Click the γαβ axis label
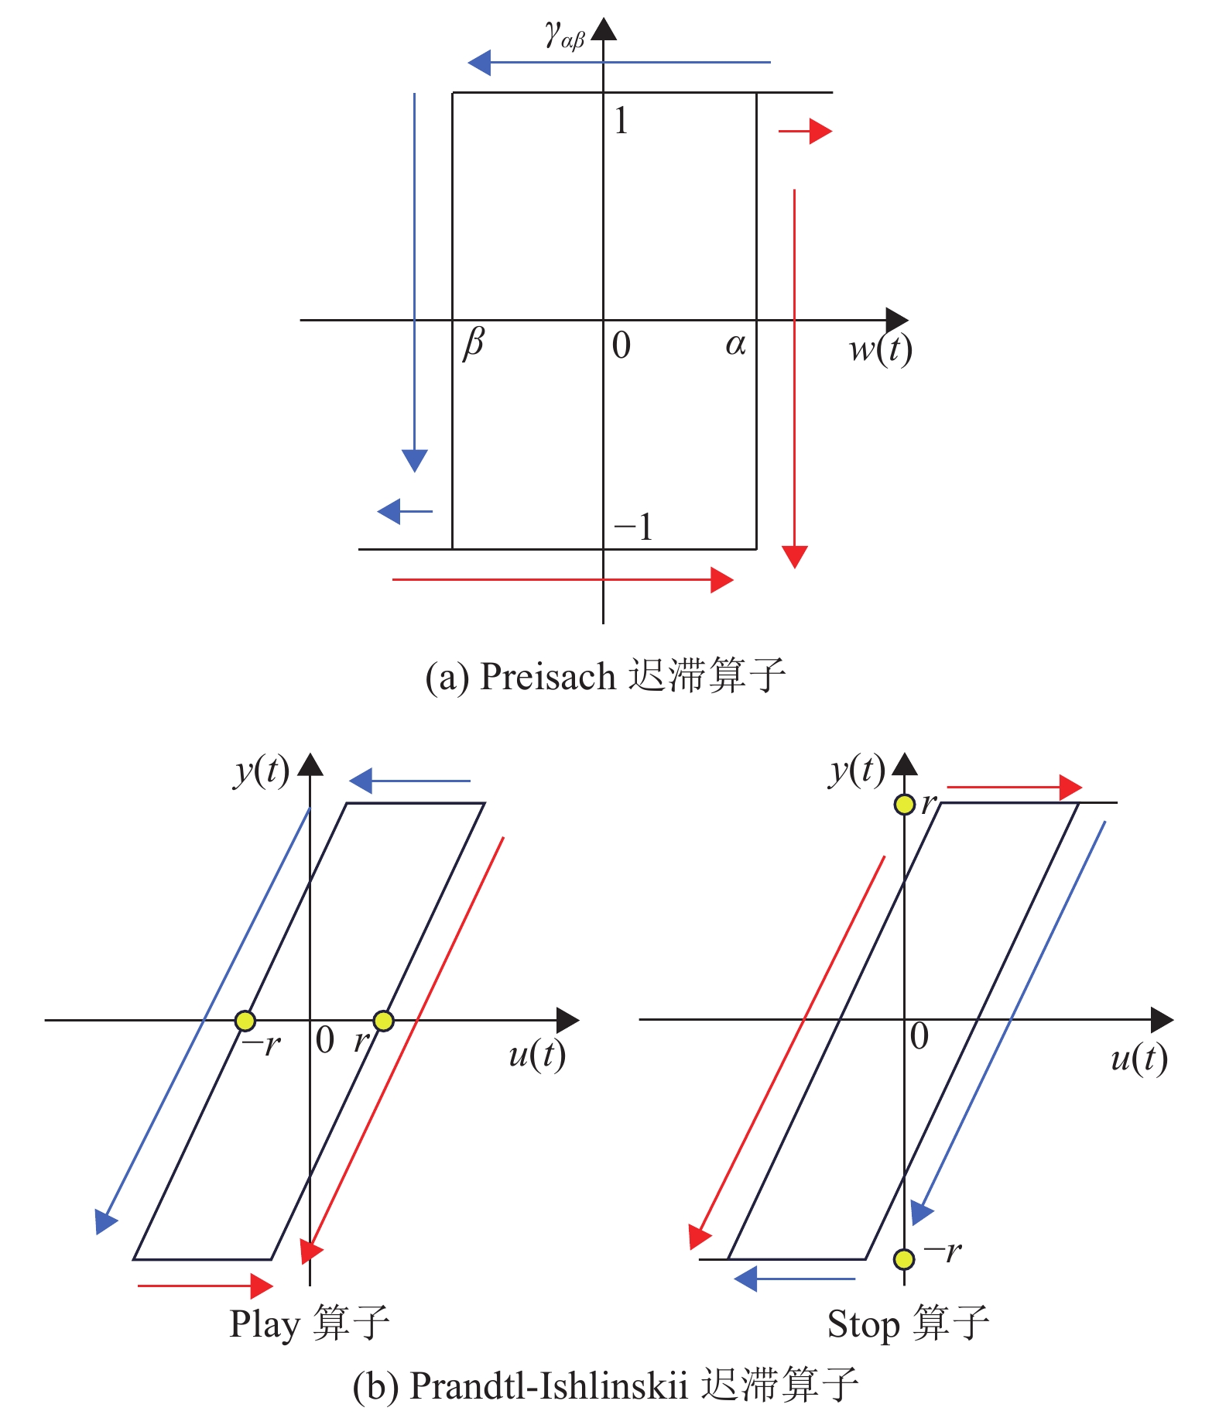click(564, 35)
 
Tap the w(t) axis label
click(880, 348)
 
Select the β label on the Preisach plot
click(474, 342)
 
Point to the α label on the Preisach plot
click(735, 344)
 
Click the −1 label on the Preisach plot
click(634, 527)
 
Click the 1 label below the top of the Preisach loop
click(621, 121)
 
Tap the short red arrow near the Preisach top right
click(805, 132)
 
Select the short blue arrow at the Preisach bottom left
click(405, 511)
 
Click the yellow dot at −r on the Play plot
click(245, 1021)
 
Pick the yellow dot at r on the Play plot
click(383, 1021)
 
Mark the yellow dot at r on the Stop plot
click(904, 805)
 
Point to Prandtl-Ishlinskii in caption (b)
click(548, 1385)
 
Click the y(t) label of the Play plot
click(262, 771)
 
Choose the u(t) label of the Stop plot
click(1139, 1058)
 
